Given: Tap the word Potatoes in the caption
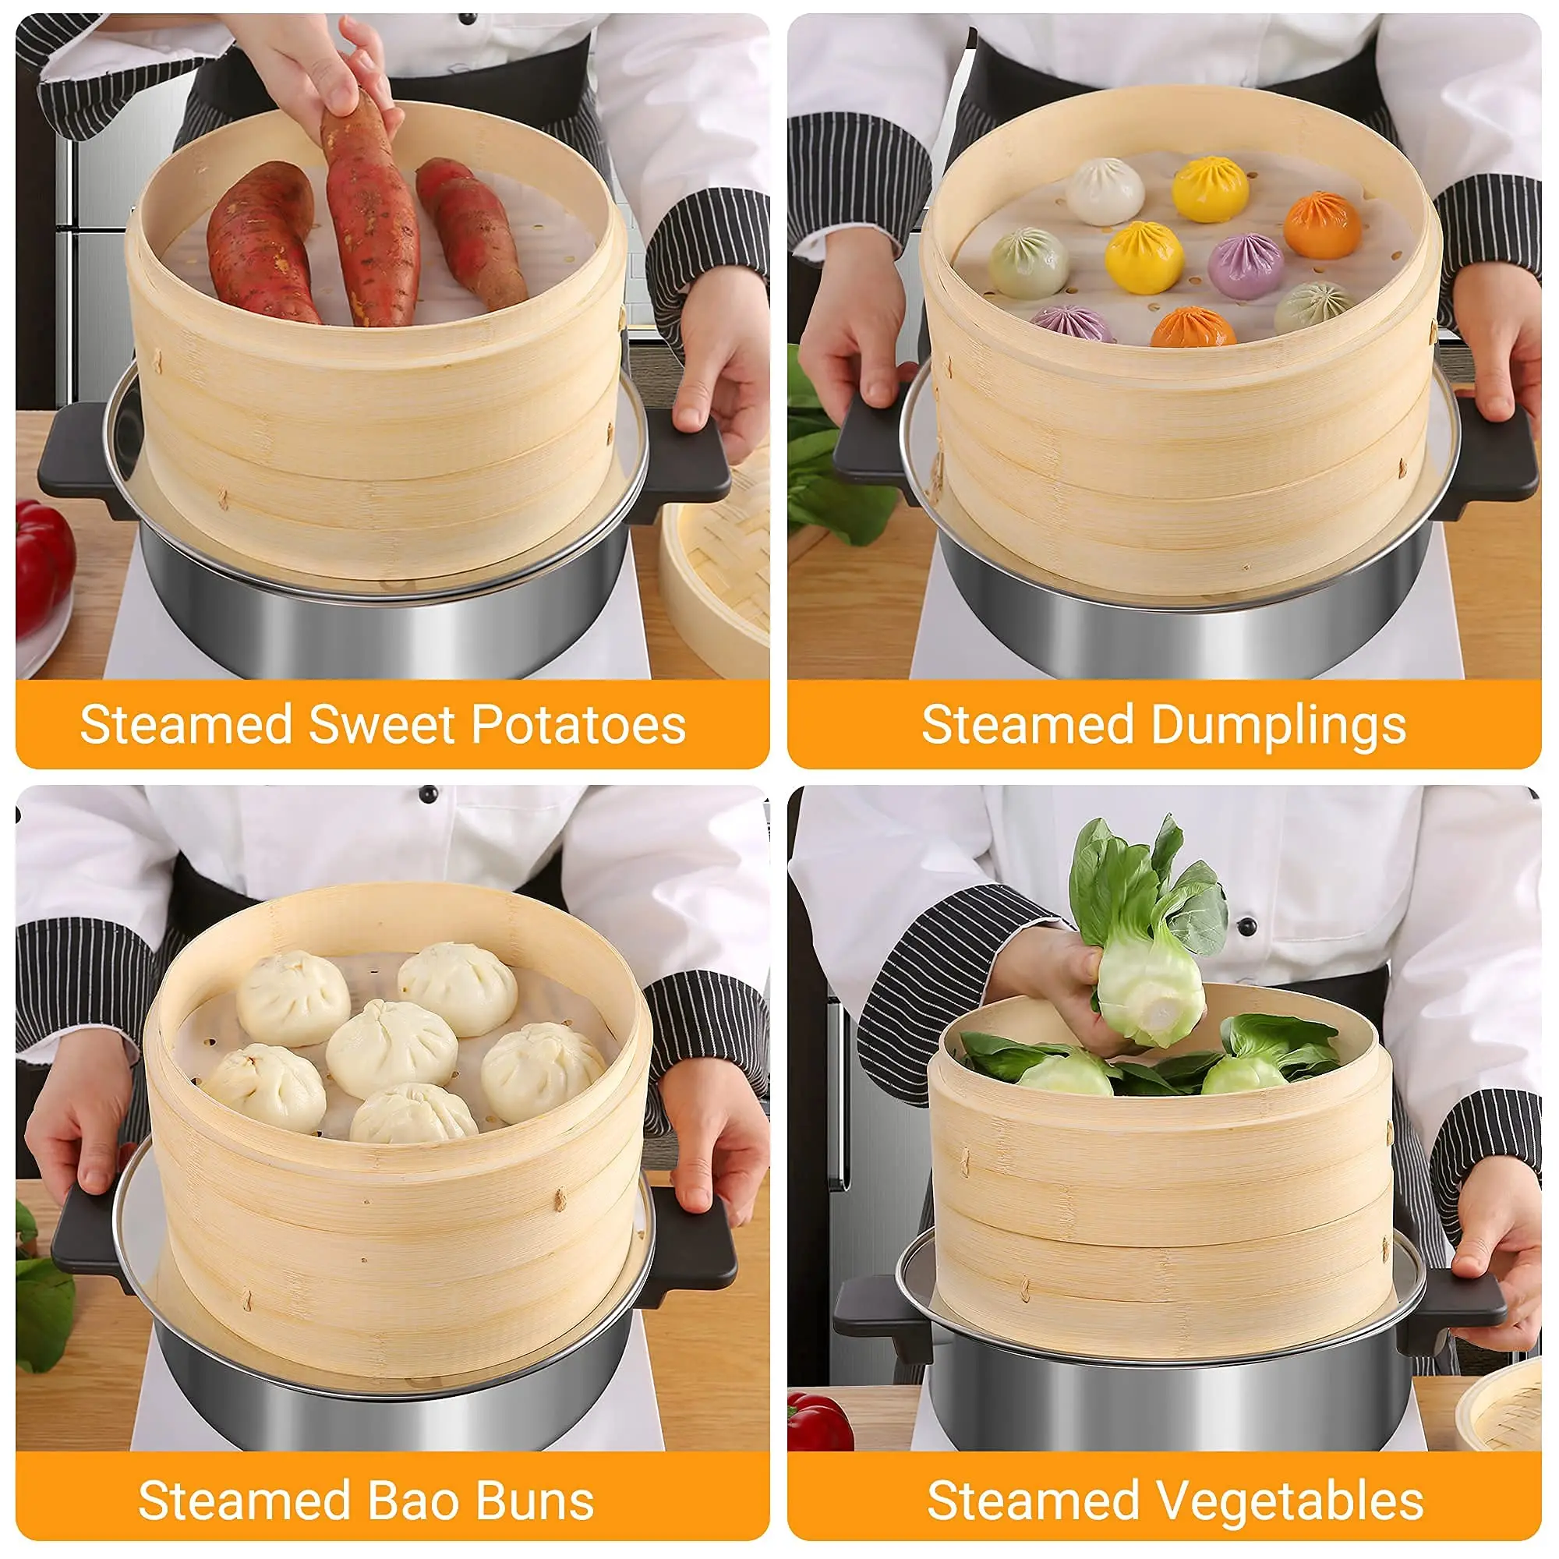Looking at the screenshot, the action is [578, 724].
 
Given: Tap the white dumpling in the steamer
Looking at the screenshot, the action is [1105, 191].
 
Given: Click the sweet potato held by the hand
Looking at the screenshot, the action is [368, 211].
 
